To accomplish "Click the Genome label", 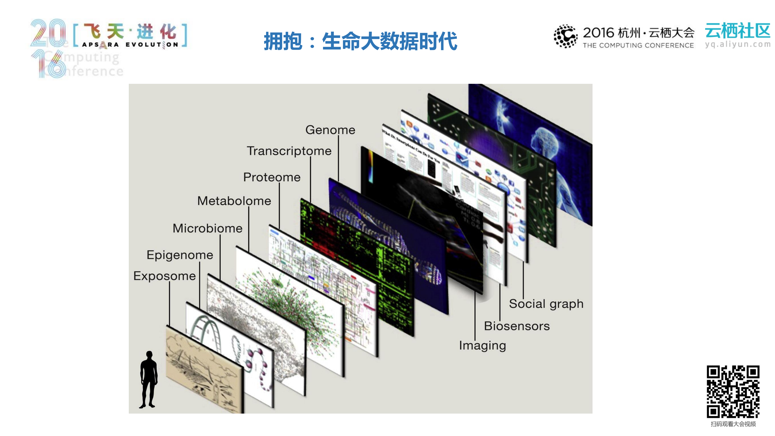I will pos(330,130).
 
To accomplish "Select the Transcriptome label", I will pos(289,151).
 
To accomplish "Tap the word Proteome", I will pos(272,177).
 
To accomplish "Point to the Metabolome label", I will pos(234,201).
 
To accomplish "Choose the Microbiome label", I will pos(207,228).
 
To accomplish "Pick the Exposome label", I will pos(164,276).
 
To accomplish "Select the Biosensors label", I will pos(517,326).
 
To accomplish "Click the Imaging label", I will pos(482,346).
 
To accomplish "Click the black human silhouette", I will pos(148,379).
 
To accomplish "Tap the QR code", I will pos(733,391).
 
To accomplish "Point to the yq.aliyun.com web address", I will pos(737,45).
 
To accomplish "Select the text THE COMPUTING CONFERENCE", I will pos(638,45).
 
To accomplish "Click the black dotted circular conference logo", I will pos(565,36).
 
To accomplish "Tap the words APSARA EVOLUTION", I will pos(130,45).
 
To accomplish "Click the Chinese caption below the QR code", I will pos(733,424).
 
